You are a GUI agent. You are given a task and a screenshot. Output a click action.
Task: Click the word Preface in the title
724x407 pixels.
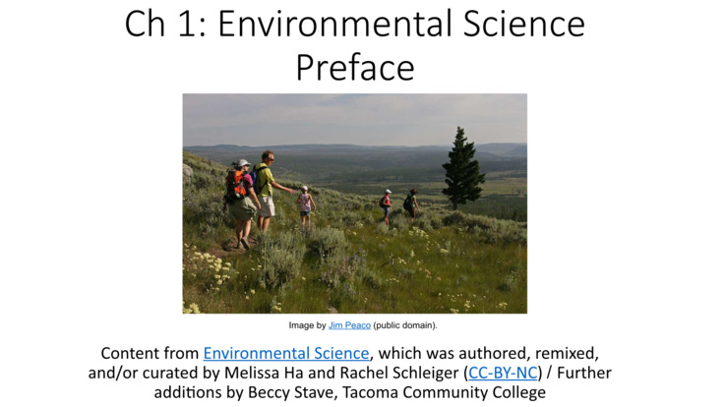click(x=354, y=68)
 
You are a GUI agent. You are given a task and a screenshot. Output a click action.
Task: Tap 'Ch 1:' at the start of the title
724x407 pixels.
click(x=164, y=24)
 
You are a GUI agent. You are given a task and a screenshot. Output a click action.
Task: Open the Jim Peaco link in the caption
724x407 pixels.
click(x=349, y=325)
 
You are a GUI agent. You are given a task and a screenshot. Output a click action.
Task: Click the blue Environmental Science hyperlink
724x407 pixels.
click(x=286, y=353)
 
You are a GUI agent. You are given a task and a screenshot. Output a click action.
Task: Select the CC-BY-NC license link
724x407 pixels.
click(x=503, y=373)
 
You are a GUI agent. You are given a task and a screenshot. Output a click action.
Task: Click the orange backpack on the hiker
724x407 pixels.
click(x=235, y=185)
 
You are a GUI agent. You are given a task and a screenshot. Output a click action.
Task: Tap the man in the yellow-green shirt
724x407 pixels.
click(x=267, y=189)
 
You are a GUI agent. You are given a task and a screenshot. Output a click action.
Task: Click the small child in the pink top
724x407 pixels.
click(x=305, y=205)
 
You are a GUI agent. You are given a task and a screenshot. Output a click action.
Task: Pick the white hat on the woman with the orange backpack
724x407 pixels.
click(x=242, y=163)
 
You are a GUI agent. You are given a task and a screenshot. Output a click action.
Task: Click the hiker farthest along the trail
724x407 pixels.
click(x=410, y=203)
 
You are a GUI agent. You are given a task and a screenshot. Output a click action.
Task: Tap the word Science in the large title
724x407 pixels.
click(x=524, y=24)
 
